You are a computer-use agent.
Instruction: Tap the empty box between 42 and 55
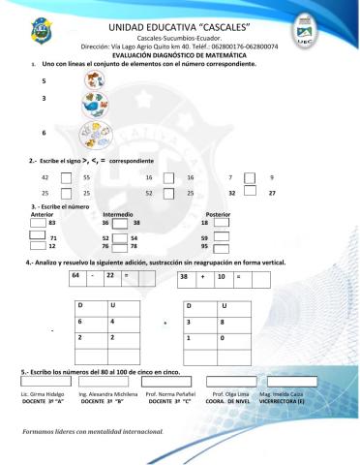coord(66,177)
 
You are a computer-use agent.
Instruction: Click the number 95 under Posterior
coord(204,246)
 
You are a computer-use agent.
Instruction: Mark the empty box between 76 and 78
coord(120,246)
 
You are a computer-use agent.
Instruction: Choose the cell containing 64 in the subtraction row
coord(76,276)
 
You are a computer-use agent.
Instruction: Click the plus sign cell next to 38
coord(202,277)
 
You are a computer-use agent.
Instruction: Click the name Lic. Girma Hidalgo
coord(41,396)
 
